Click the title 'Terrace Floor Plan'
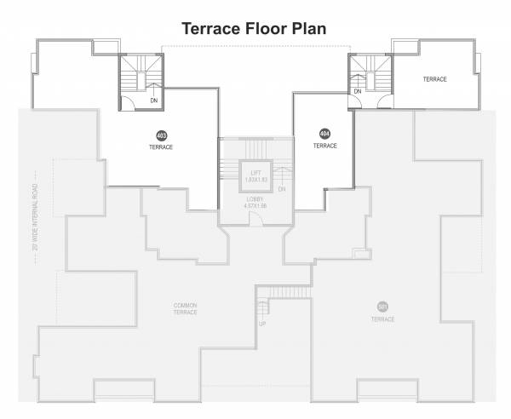256,28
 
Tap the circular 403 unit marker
160,136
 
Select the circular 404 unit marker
324,134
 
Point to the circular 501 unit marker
382,307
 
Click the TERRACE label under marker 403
160,147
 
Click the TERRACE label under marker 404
324,146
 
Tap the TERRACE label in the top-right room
434,79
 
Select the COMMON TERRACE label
185,308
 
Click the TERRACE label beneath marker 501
382,319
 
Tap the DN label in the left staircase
152,100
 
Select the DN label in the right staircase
358,91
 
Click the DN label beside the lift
281,189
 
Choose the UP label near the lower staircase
262,324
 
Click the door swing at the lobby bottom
253,217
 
